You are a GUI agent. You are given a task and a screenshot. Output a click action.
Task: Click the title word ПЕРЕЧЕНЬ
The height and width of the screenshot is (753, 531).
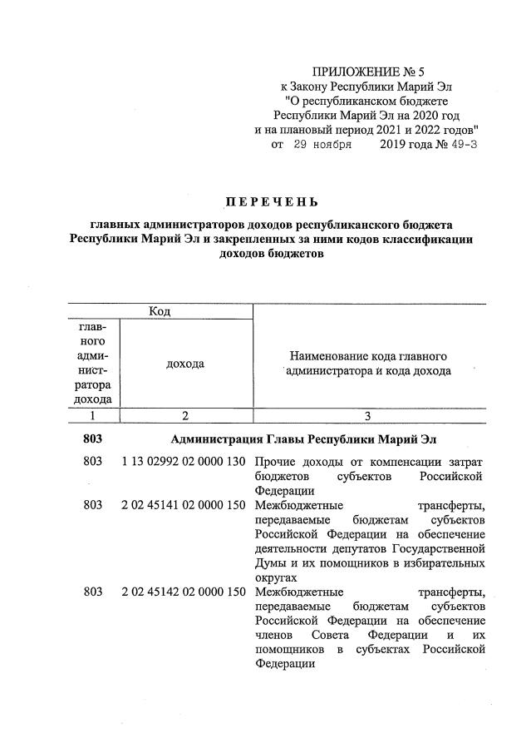272,202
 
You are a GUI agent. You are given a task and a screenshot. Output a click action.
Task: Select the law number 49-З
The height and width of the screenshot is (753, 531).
462,145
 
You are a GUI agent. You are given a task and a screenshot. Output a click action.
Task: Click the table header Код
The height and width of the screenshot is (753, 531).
160,311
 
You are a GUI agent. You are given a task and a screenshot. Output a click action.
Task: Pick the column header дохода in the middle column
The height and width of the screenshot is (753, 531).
185,364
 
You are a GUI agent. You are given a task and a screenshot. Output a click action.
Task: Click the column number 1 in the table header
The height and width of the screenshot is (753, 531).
94,416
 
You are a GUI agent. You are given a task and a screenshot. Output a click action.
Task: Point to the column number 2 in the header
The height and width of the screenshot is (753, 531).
185,416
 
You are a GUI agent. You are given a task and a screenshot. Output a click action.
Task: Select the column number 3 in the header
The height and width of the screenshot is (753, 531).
367,416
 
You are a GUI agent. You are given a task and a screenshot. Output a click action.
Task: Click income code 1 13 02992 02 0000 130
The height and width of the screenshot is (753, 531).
184,462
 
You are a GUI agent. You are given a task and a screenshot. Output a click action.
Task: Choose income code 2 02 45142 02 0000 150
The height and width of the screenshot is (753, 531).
184,592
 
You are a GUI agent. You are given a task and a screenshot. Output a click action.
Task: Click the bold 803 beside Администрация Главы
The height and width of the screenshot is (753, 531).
94,438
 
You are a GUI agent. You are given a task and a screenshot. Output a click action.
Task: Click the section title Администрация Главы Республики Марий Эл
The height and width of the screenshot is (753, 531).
302,438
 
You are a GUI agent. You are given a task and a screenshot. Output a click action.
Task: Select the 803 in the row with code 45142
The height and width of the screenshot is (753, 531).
94,592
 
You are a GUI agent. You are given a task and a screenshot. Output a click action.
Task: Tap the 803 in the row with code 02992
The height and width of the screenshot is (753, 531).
94,462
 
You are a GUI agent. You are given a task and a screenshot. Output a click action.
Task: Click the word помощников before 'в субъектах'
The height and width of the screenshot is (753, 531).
288,650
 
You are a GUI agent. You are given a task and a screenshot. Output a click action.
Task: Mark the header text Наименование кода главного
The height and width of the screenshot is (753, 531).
367,356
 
